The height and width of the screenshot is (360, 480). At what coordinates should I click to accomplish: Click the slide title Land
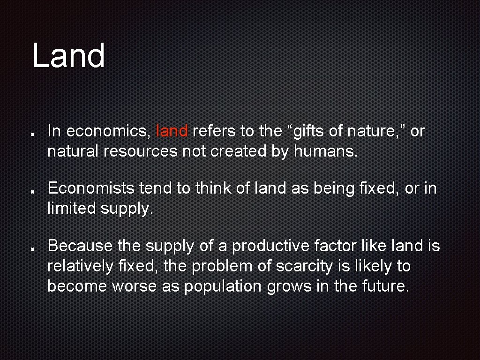[x=68, y=55]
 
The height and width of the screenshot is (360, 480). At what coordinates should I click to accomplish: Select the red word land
[x=172, y=131]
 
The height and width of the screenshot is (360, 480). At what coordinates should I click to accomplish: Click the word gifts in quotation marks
[x=309, y=131]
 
